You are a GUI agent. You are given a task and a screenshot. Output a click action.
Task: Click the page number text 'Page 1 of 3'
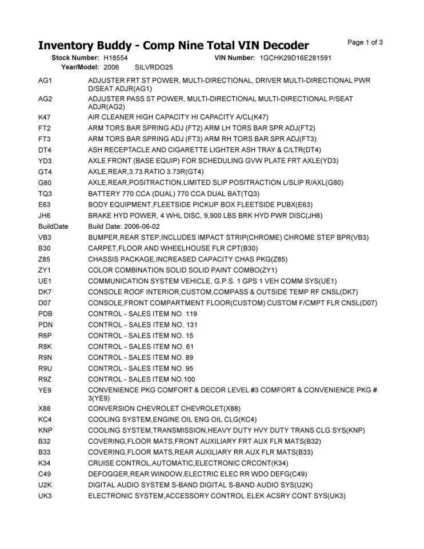365,42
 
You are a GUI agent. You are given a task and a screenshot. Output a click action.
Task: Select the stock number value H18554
115,58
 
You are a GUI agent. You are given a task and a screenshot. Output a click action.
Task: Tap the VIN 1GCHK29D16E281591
295,58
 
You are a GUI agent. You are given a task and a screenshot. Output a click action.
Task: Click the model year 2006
111,67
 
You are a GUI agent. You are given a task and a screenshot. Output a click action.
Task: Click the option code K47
45,117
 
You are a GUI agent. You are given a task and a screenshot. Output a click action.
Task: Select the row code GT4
45,172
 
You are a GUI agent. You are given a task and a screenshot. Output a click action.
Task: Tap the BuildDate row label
53,226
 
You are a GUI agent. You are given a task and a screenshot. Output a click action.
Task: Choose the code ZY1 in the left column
45,270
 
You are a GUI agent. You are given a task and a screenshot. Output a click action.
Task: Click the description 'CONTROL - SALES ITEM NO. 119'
142,314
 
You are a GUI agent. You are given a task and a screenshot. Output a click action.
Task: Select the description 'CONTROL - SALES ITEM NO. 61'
141,347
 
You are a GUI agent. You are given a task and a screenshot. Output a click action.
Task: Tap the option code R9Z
45,379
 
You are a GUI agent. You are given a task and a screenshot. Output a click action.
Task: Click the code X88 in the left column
45,408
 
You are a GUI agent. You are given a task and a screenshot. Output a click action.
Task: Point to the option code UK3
45,495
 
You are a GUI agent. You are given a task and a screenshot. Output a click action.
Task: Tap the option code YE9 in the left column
45,390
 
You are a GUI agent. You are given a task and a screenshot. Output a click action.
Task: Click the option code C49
45,474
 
